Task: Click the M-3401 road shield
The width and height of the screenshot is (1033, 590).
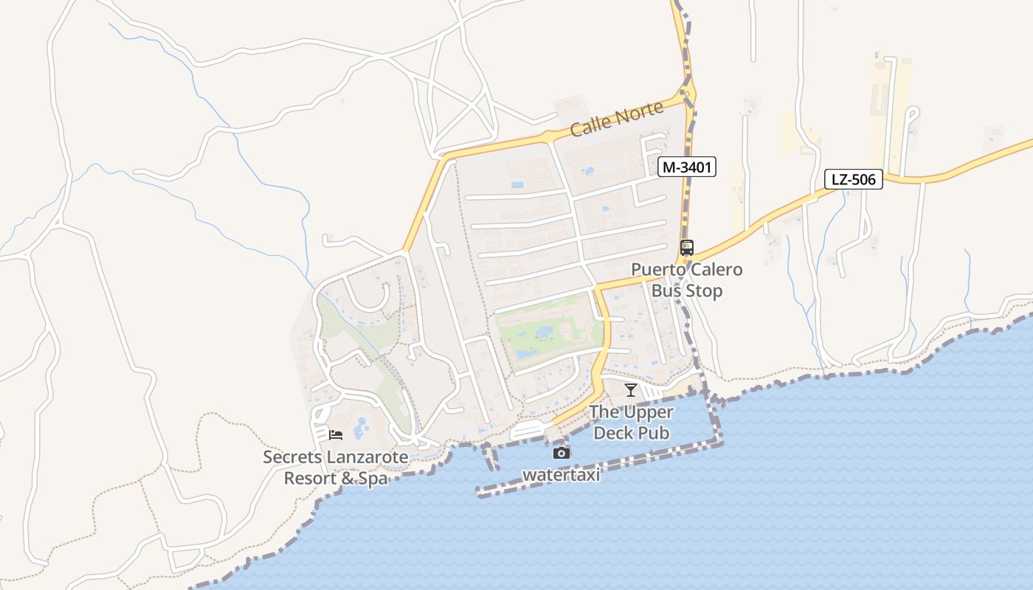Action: click(x=687, y=167)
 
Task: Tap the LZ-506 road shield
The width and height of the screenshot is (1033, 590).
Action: click(x=853, y=179)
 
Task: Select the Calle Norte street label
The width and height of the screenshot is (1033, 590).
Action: click(x=617, y=119)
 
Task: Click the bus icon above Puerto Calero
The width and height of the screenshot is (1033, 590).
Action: click(x=687, y=248)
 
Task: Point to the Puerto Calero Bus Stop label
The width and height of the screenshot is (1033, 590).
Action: click(x=687, y=280)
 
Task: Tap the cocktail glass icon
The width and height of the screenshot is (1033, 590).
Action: click(x=630, y=390)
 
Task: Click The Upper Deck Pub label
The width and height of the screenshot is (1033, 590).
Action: click(x=632, y=423)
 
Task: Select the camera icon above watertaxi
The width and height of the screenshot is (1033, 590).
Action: click(x=562, y=453)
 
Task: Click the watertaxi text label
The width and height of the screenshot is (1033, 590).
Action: click(x=562, y=475)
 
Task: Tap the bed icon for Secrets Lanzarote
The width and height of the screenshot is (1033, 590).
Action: click(x=336, y=435)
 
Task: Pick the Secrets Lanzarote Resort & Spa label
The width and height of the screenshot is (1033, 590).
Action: click(x=336, y=468)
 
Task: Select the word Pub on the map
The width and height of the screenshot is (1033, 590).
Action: click(x=654, y=433)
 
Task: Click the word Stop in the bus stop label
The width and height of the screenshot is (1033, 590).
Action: click(x=705, y=291)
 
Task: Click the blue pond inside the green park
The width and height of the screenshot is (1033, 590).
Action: click(x=545, y=333)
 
